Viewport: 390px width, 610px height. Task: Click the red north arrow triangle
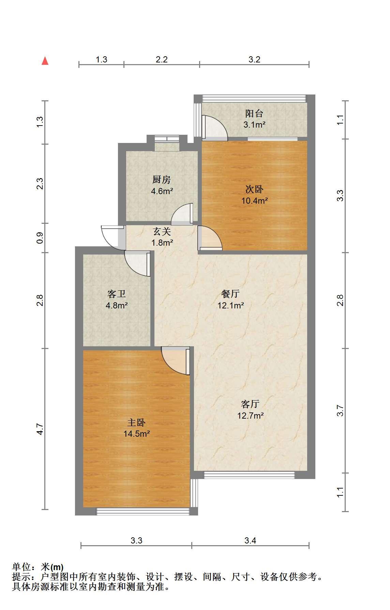45,61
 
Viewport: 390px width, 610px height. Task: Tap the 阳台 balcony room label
254,113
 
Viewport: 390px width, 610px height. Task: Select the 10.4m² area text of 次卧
254,201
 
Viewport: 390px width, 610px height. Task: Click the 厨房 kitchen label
162,179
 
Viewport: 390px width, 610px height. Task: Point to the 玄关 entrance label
162,232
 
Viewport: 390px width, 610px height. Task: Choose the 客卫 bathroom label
116,294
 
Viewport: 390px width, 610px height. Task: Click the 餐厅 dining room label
230,294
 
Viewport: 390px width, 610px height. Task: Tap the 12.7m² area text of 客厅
251,416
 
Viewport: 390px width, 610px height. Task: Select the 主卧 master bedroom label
136,423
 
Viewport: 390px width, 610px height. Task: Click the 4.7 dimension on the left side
40,429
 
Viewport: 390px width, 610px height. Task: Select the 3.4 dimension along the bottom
250,540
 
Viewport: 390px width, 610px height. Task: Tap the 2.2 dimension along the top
162,59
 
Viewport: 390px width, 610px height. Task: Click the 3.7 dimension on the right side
340,410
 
